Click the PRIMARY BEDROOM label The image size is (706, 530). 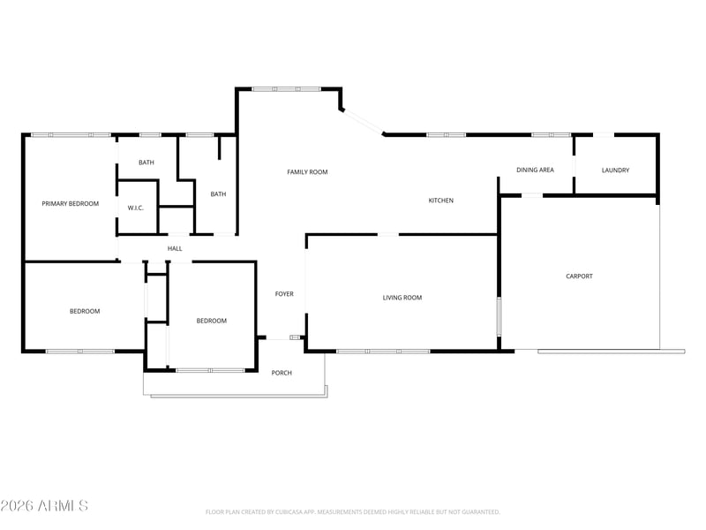pos(71,204)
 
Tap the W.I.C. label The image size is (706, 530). pos(136,208)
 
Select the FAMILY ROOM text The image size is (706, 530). pos(307,171)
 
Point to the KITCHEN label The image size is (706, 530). pos(440,201)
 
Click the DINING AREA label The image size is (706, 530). pos(535,170)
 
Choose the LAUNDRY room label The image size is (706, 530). pos(615,170)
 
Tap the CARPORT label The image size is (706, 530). pos(579,276)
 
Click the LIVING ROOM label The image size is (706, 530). pos(402,298)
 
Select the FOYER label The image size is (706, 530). pos(284,294)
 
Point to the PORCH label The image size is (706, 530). pos(282,373)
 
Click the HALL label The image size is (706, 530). pos(175,248)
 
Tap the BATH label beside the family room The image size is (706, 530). pos(218,194)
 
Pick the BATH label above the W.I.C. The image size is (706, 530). pos(146,163)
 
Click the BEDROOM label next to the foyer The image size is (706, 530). pos(211,321)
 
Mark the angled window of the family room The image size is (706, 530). pos(363,121)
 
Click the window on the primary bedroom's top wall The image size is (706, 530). pos(71,135)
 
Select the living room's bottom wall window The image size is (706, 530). pos(383,351)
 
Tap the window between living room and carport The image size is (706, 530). pos(499,316)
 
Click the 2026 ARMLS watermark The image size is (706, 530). pos(44,505)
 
